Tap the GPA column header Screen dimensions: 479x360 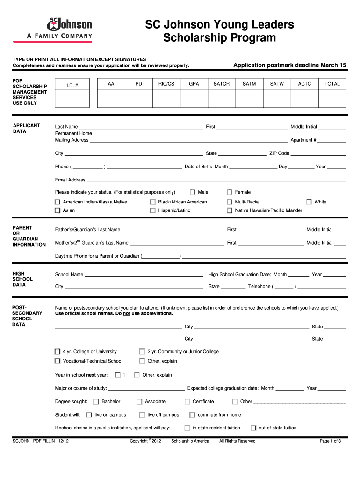pyautogui.click(x=194, y=84)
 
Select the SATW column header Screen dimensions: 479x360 pyautogui.click(x=277, y=84)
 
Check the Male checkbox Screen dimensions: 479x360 pyautogui.click(x=193, y=192)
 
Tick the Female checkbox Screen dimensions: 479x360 pyautogui.click(x=230, y=192)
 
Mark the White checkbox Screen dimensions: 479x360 pyautogui.click(x=309, y=202)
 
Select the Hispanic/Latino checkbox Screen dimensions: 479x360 pyautogui.click(x=153, y=210)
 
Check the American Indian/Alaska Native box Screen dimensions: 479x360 pyautogui.click(x=58, y=202)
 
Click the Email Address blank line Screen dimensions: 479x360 pyautogui.click(x=216, y=181)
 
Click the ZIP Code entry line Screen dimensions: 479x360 pyautogui.click(x=318, y=154)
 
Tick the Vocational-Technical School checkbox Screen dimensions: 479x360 pyautogui.click(x=58, y=361)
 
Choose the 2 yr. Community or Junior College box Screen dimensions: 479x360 pyautogui.click(x=142, y=352)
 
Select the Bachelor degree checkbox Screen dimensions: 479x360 pyautogui.click(x=96, y=402)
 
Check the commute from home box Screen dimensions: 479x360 pyautogui.click(x=192, y=415)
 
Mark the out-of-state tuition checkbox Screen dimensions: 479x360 pyautogui.click(x=253, y=428)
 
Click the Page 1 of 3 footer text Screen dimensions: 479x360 pyautogui.click(x=330, y=441)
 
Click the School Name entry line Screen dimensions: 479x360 pyautogui.click(x=144, y=276)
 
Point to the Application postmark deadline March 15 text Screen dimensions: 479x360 pyautogui.click(x=289, y=65)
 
